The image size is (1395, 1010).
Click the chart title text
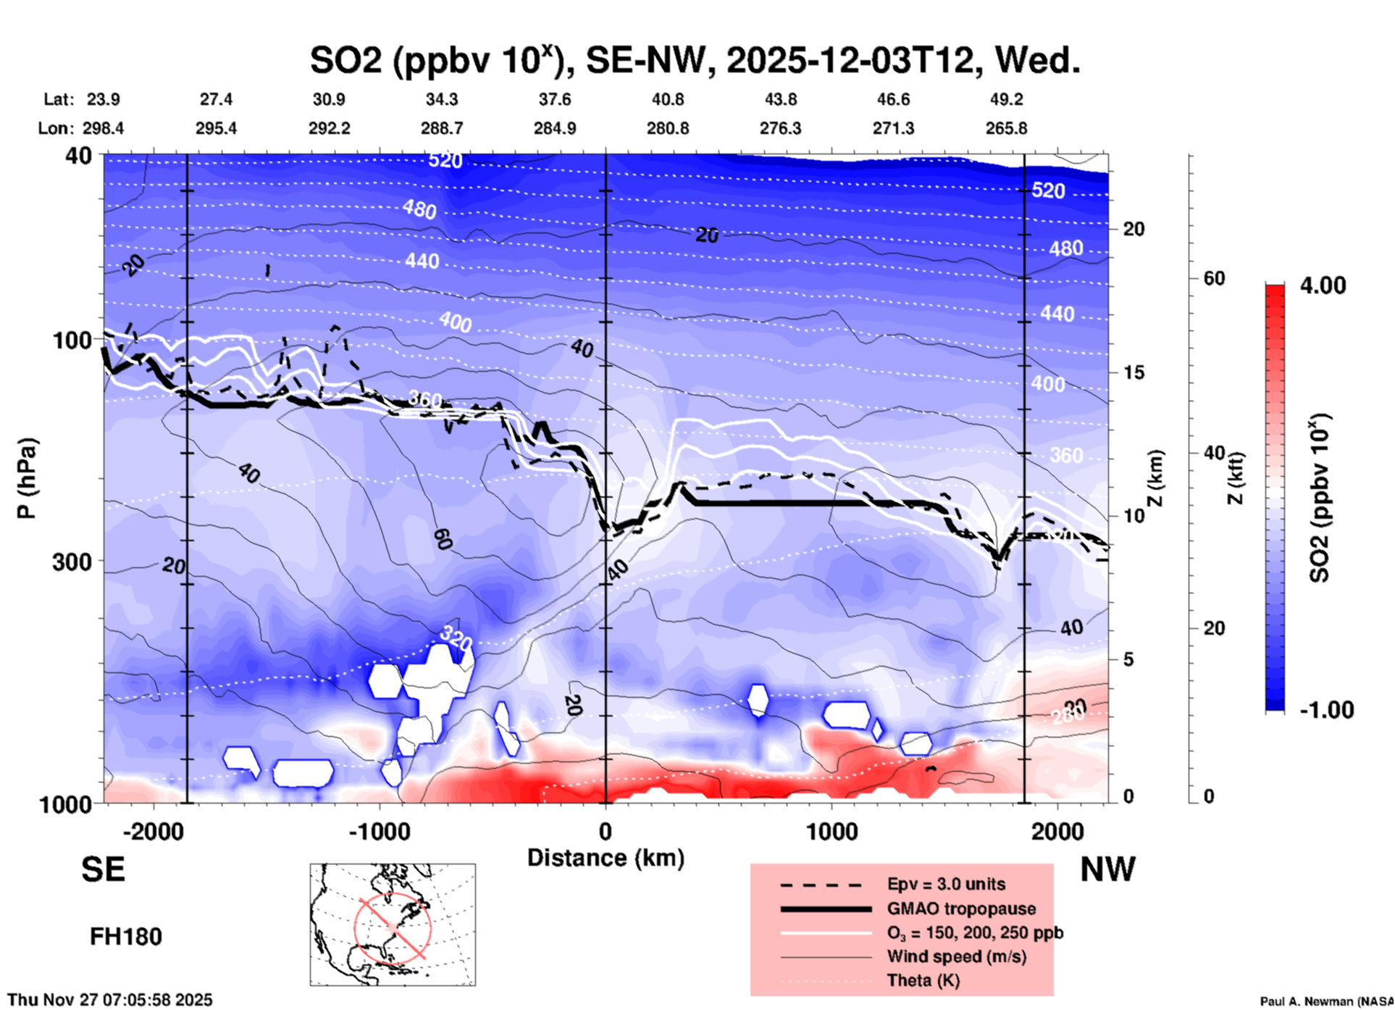pyautogui.click(x=695, y=60)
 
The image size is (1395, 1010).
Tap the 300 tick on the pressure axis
pyautogui.click(x=72, y=562)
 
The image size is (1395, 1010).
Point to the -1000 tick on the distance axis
pyautogui.click(x=379, y=831)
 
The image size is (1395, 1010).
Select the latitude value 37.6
pyautogui.click(x=554, y=99)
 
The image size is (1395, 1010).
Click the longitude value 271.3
pyautogui.click(x=892, y=128)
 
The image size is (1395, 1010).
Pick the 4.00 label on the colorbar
pyautogui.click(x=1323, y=285)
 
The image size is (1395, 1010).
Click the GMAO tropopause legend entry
pyautogui.click(x=961, y=909)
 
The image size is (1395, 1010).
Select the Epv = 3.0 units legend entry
pyautogui.click(x=946, y=884)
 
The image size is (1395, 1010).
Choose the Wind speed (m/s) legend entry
pyautogui.click(x=956, y=956)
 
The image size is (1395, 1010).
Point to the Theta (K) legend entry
pyautogui.click(x=923, y=980)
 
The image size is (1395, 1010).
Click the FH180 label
pyautogui.click(x=125, y=937)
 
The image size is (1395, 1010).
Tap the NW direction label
pyautogui.click(x=1107, y=869)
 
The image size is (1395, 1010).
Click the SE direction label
pyautogui.click(x=103, y=869)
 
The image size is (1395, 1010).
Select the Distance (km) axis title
pyautogui.click(x=606, y=858)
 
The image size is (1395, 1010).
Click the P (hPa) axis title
pyautogui.click(x=26, y=478)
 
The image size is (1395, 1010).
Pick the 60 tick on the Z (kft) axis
pyautogui.click(x=1214, y=278)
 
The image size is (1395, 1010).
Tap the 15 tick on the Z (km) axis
pyautogui.click(x=1133, y=372)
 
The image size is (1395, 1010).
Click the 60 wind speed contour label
pyautogui.click(x=443, y=538)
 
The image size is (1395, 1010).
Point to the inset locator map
pyautogui.click(x=393, y=925)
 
